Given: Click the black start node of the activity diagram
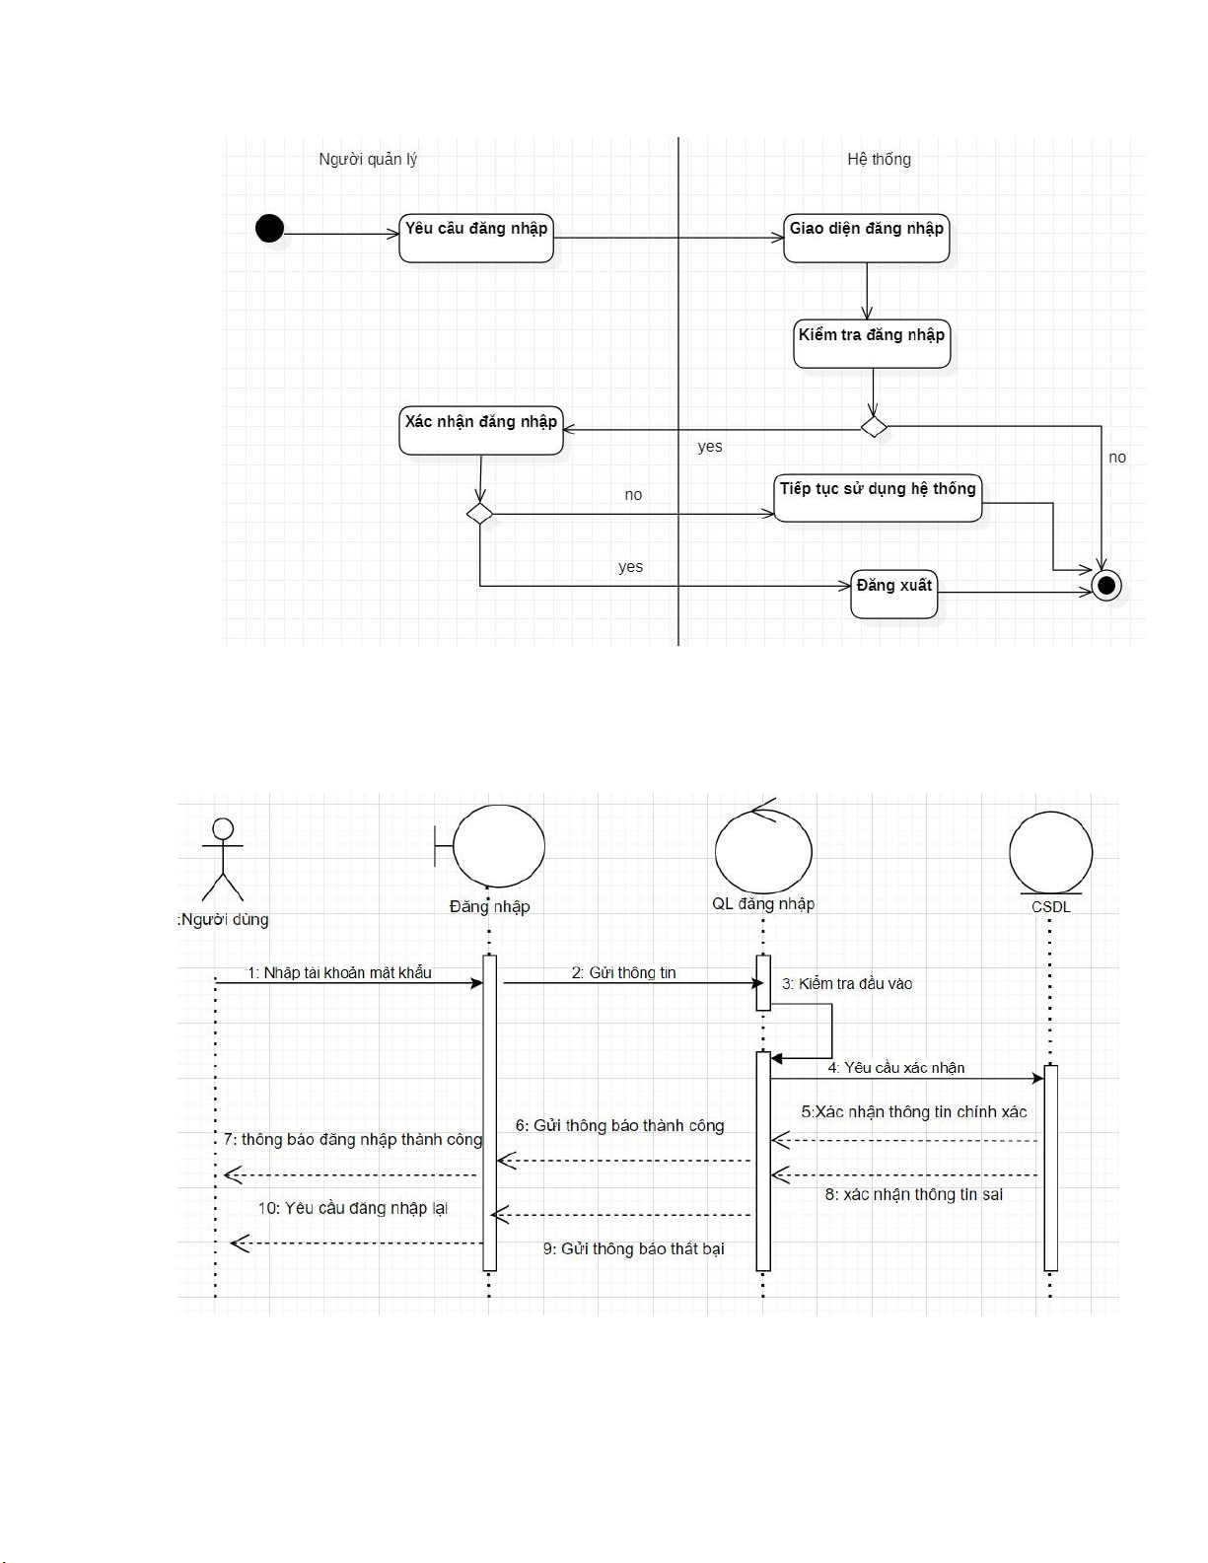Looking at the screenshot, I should pos(269,229).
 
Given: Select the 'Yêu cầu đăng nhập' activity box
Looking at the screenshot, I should pos(476,238).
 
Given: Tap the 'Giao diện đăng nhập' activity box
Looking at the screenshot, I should pos(866,238).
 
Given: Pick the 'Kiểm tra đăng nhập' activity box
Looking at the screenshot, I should pos(872,343).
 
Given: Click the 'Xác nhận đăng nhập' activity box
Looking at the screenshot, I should pos(480,430).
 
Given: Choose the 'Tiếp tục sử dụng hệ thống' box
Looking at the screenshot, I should pos(878,497).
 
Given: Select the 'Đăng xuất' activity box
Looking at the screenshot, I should pos(893,594).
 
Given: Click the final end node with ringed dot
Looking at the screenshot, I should pos(1106,586).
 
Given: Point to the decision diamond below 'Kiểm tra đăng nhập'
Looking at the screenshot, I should pos(874,427).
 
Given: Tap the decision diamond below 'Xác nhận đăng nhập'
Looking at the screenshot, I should pos(479,514).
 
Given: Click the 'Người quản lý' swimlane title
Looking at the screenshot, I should pos(368,159).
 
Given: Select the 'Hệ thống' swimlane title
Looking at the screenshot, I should pos(879,159).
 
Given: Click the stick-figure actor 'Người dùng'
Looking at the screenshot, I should pos(223,858).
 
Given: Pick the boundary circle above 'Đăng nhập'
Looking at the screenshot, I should pos(499,846).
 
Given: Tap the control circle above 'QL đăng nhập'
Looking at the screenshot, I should pos(763,850).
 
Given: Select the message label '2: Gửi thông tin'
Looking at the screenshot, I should pos(624,972).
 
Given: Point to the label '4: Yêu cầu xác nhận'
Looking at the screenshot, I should pos(896,1067).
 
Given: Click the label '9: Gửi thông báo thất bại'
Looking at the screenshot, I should pos(633,1248).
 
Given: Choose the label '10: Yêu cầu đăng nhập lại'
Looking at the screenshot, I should pos(353,1208).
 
